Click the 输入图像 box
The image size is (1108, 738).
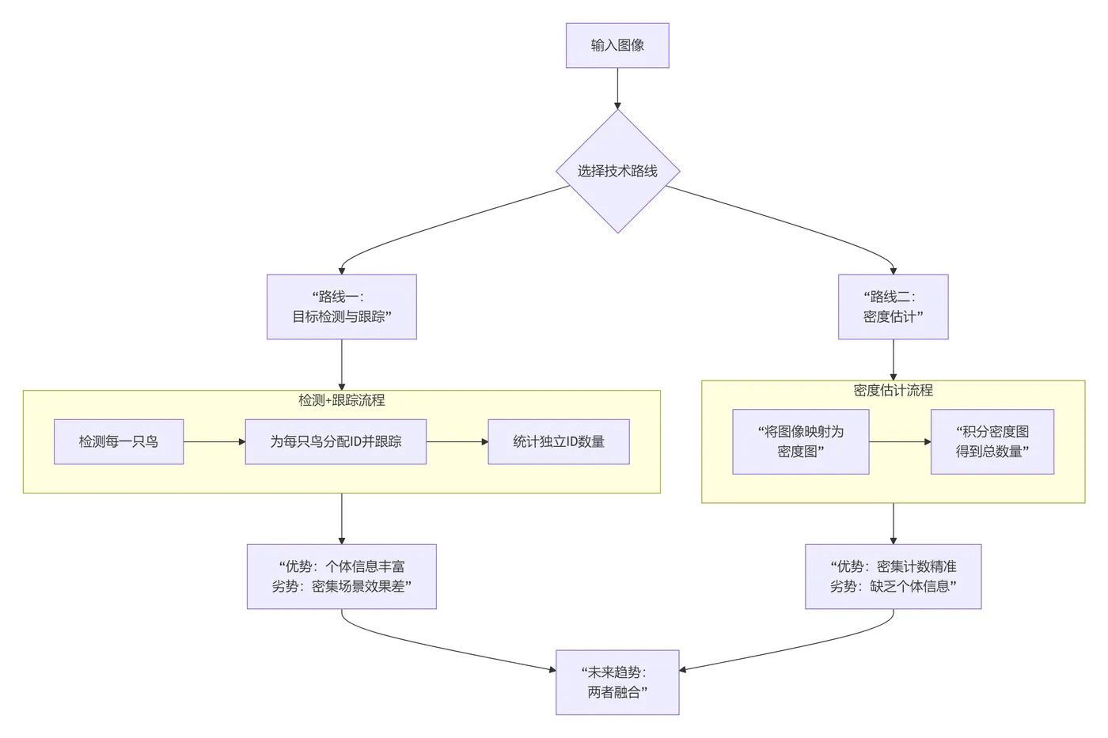pos(617,45)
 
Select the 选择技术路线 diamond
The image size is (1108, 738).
pos(617,171)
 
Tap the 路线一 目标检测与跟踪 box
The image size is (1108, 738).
pos(341,307)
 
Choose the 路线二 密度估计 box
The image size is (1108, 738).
pos(893,307)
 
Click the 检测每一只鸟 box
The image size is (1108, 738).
pos(119,441)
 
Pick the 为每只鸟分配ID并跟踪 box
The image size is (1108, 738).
pos(336,441)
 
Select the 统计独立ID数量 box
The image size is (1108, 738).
pos(558,441)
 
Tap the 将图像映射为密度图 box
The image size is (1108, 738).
pos(800,441)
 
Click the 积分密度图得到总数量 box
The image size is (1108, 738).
pos(992,441)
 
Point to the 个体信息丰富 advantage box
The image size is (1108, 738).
pos(341,576)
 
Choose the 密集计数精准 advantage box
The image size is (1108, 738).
pos(893,576)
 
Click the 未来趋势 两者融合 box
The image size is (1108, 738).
pos(617,682)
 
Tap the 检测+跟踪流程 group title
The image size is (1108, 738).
pos(341,400)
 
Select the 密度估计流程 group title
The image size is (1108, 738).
pos(893,390)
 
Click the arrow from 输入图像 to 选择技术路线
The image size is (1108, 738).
pos(617,88)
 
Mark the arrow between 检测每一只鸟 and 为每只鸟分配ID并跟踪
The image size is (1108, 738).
pos(214,441)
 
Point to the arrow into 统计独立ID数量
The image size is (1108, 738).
pos(457,441)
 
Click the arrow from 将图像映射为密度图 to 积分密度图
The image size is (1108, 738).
pos(900,441)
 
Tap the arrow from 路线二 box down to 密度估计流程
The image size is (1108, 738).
pos(893,360)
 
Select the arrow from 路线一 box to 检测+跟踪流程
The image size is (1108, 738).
pos(341,365)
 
